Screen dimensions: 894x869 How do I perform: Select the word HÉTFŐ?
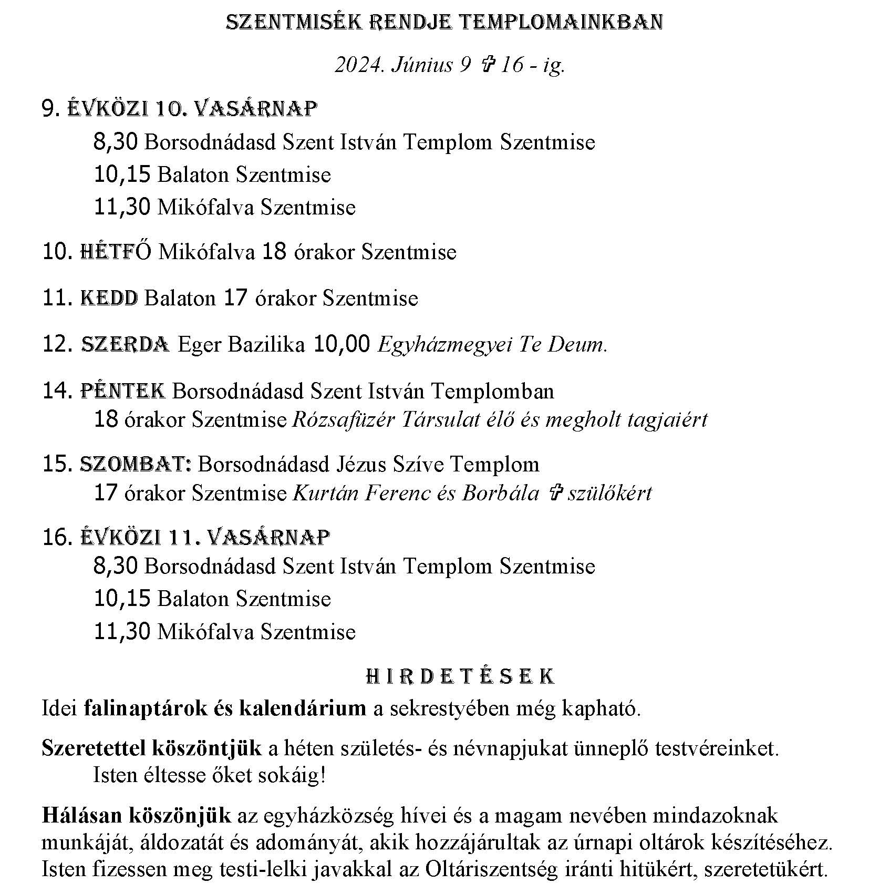[x=116, y=252]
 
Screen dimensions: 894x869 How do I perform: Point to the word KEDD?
[x=109, y=299]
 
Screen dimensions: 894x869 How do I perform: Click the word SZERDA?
[x=125, y=345]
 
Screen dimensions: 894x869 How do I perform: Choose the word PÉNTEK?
[x=122, y=391]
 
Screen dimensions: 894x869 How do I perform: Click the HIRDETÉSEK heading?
[x=460, y=677]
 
